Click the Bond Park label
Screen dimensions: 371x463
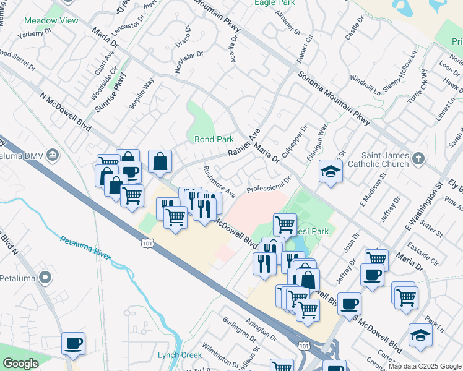point(214,139)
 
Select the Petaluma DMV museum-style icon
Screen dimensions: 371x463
point(53,154)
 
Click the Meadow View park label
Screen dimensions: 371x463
point(51,20)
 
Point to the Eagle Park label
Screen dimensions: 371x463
point(275,2)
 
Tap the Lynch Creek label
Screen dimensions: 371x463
point(176,354)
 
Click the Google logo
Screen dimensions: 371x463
point(20,364)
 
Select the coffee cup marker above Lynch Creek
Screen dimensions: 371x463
point(73,343)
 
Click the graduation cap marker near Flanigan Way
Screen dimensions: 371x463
point(331,170)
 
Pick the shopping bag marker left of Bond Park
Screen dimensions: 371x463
point(160,162)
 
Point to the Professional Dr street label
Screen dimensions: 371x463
point(269,184)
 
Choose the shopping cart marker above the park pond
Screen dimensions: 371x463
point(285,224)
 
